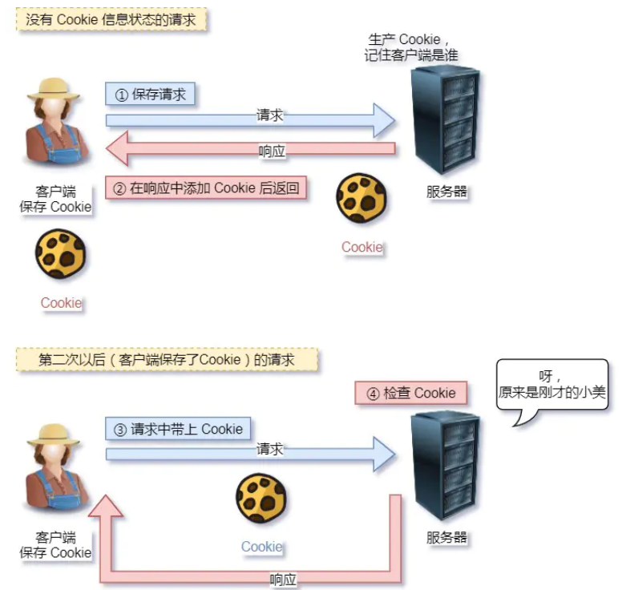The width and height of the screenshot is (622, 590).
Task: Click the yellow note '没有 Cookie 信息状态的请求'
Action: (111, 19)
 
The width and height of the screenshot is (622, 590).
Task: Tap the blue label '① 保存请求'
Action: (151, 95)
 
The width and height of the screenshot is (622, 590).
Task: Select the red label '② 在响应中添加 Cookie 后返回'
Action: (208, 189)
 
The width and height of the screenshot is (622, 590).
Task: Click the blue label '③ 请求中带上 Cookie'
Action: (179, 429)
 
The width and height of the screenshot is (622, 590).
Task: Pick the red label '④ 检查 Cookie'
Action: (411, 393)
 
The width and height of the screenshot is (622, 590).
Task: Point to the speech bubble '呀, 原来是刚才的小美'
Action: (552, 385)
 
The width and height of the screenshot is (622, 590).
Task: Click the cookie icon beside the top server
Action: (361, 198)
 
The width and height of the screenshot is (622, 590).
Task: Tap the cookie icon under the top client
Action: (61, 255)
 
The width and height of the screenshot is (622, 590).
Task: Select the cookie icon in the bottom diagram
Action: (262, 498)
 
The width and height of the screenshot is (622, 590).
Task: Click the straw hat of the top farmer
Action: (54, 88)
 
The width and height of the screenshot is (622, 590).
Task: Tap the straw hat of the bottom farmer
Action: (54, 434)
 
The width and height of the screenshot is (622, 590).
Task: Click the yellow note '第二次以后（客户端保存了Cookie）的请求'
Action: (167, 360)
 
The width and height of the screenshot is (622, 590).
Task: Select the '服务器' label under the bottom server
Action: (446, 538)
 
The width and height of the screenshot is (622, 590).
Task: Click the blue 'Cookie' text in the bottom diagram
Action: (262, 547)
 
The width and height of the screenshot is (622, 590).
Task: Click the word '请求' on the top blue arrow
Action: (270, 115)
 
